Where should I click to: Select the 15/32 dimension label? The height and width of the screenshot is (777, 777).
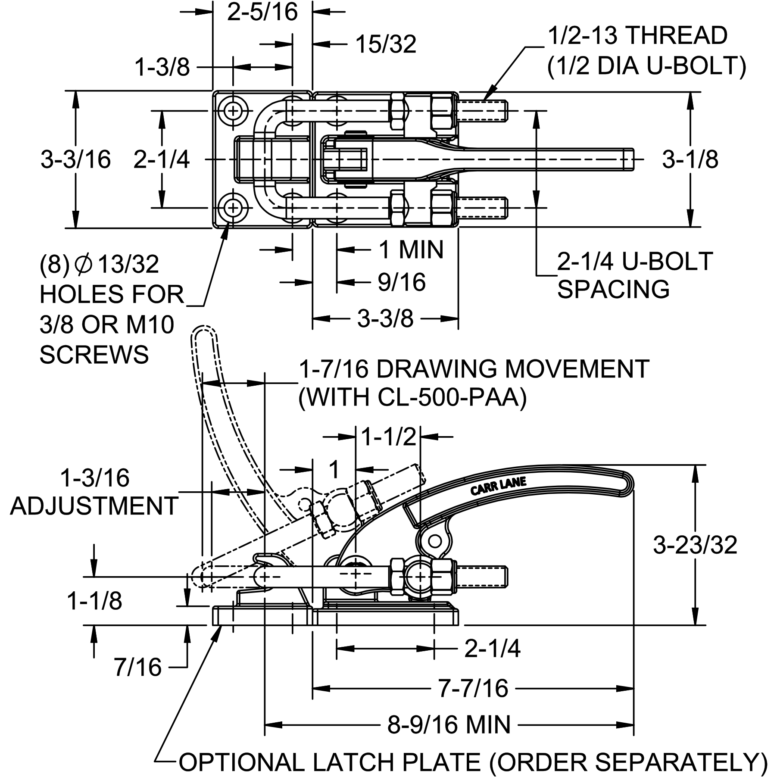click(386, 44)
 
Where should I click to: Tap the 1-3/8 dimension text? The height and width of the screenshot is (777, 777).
click(162, 68)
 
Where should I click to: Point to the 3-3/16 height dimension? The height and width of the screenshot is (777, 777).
click(76, 159)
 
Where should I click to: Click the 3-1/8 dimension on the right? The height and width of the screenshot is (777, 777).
click(690, 160)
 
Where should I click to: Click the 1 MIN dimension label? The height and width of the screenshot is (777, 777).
click(411, 250)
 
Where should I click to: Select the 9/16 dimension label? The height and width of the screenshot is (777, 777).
click(401, 282)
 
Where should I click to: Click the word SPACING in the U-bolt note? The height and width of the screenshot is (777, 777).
click(613, 289)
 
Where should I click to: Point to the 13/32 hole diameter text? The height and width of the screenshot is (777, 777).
click(128, 265)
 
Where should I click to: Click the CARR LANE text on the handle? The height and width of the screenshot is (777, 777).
click(498, 487)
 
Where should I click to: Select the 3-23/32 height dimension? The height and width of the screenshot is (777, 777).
click(695, 545)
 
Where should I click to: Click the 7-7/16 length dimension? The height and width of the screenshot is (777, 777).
click(473, 688)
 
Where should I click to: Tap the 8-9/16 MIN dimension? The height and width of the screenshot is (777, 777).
click(448, 724)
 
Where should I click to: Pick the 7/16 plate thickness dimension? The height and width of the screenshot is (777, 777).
click(137, 668)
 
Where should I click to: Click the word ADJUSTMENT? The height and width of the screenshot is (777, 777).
click(94, 506)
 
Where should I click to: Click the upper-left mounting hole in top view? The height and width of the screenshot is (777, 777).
click(233, 111)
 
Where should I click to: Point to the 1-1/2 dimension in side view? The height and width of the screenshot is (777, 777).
click(388, 437)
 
